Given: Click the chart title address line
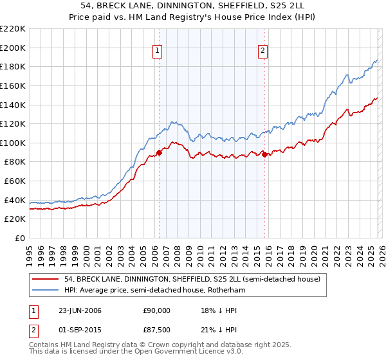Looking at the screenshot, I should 193,5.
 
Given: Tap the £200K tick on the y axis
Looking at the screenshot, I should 13,48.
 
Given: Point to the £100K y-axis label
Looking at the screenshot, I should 13,143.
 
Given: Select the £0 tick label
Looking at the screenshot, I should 21,238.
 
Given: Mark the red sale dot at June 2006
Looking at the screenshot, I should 160,152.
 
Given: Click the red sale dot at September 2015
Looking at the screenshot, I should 264,154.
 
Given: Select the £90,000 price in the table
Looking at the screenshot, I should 155,310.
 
